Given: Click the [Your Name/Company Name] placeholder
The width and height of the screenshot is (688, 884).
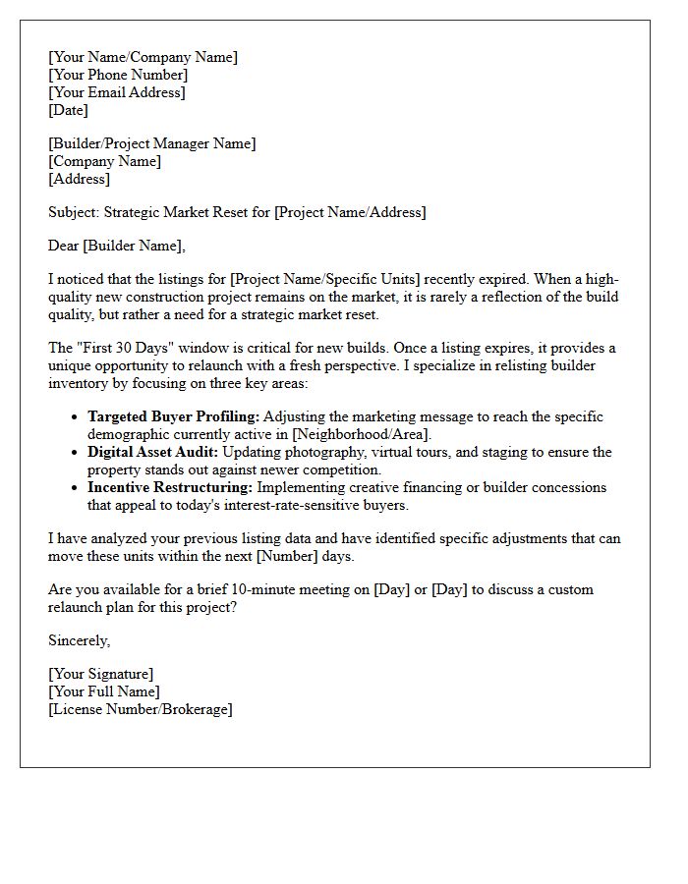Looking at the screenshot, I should (143, 57).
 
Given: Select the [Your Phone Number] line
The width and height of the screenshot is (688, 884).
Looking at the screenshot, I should (118, 75).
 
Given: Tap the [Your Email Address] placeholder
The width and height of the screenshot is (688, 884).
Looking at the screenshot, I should (117, 92).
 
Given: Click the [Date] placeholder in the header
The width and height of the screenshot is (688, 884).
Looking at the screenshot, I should (68, 110).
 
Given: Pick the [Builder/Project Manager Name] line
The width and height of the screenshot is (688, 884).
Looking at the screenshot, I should (151, 143).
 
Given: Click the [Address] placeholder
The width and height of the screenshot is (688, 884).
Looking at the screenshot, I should (79, 179).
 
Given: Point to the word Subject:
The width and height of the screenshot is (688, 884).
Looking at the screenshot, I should (74, 212).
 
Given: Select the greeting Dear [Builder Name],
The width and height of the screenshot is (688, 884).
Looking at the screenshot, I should (116, 246).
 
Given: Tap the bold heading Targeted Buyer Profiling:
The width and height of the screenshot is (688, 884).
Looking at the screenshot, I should (173, 416).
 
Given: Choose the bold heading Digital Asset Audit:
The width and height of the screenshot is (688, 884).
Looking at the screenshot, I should (153, 452).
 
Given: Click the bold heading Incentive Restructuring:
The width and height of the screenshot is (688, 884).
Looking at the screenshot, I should (170, 487).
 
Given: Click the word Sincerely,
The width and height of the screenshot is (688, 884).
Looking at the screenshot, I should (80, 640).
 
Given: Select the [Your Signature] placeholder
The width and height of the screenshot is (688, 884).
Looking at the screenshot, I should (100, 674).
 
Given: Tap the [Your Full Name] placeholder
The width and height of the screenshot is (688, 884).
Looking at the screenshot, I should (103, 691).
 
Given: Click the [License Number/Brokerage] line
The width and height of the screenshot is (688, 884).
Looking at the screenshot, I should (140, 709).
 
